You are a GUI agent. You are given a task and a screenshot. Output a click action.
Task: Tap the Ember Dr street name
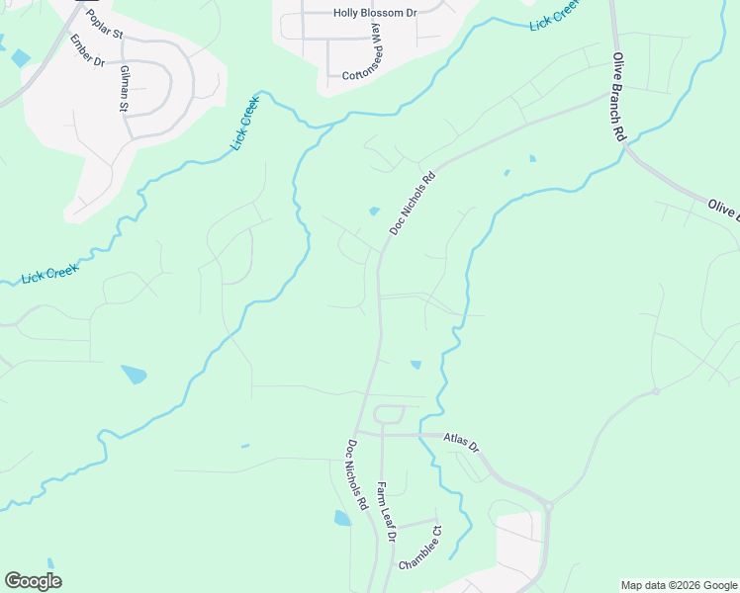[x=86, y=50]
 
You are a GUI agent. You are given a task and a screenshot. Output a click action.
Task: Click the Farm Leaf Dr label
[x=386, y=512]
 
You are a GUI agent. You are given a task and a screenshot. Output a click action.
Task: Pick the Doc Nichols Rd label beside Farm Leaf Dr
[x=357, y=474]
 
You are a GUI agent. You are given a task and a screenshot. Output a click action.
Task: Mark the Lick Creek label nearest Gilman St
[x=245, y=124]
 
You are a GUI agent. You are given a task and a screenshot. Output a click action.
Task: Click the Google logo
[x=33, y=581]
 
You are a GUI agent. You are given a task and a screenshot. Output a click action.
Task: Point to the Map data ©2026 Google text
[x=678, y=585]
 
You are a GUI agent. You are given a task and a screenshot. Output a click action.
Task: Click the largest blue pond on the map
[x=134, y=375]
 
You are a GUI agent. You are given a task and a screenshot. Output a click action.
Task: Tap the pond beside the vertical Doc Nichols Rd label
[x=342, y=518]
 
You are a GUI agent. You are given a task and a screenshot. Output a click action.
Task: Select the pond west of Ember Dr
[x=20, y=57]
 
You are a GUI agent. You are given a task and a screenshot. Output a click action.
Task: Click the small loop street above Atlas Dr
[x=389, y=416]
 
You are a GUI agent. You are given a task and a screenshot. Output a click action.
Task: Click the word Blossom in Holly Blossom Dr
[x=373, y=15]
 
